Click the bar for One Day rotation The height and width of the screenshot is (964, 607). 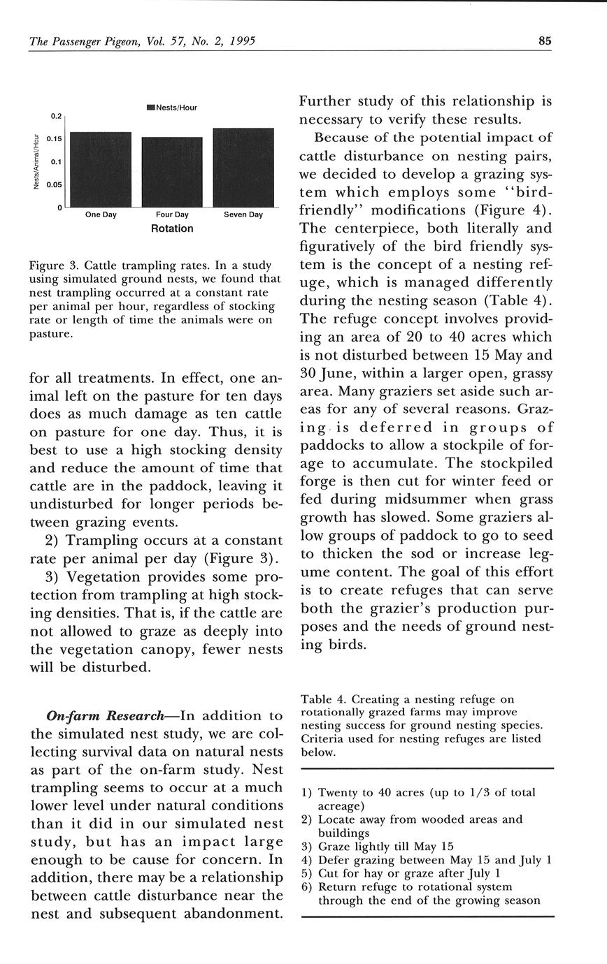(101, 169)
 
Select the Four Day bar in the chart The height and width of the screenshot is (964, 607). (172, 172)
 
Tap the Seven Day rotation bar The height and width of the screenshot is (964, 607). (243, 168)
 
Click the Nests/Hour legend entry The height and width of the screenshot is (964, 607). (172, 108)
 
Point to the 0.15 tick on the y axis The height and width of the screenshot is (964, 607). (55, 139)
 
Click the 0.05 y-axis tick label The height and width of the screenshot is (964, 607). (55, 185)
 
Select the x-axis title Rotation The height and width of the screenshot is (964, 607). (172, 228)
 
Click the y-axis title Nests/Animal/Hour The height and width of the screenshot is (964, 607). (36, 161)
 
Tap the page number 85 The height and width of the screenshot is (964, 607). (545, 41)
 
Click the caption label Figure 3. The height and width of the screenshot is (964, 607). (52, 266)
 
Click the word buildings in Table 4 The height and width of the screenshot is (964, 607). (343, 833)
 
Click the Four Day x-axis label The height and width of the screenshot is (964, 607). (172, 214)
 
